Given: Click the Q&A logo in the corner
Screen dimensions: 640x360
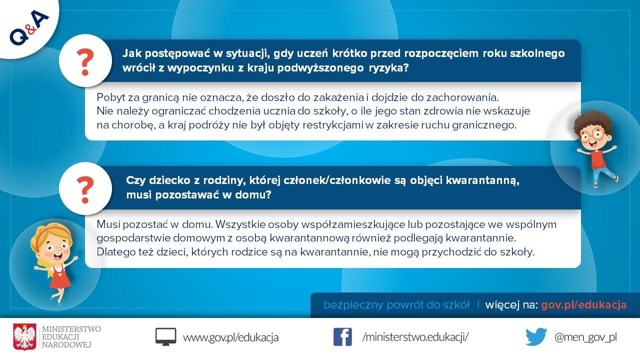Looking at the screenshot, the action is pyautogui.click(x=28, y=27).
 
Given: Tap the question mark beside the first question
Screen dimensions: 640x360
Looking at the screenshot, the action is pyautogui.click(x=85, y=62).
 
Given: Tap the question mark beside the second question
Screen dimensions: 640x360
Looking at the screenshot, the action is pyautogui.click(x=85, y=189).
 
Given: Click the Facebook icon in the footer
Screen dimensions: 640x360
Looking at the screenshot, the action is pyautogui.click(x=342, y=337).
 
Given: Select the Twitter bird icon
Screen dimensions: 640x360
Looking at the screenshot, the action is pyautogui.click(x=536, y=337).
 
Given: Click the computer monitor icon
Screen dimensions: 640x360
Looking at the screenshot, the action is pyautogui.click(x=165, y=337).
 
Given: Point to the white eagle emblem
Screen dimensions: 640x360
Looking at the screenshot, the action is pyautogui.click(x=25, y=337).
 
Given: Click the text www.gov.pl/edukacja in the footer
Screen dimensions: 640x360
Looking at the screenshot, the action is pyautogui.click(x=231, y=337).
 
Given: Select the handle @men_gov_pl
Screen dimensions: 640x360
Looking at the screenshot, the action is pyautogui.click(x=585, y=337).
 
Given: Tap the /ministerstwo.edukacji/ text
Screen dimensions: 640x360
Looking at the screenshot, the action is pyautogui.click(x=415, y=337).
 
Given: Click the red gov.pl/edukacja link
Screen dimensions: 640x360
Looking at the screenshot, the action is pyautogui.click(x=583, y=305).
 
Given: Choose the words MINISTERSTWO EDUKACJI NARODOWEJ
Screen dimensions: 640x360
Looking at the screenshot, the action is pyautogui.click(x=71, y=337).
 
